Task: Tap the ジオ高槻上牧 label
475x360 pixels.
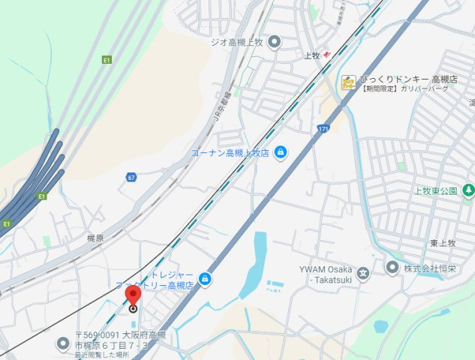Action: [x=237, y=41]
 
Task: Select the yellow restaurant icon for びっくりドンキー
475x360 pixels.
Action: [x=348, y=82]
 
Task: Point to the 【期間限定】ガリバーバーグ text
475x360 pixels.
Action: [x=406, y=89]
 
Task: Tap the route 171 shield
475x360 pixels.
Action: [x=322, y=129]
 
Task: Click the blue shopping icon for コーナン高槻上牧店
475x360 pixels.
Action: [x=281, y=153]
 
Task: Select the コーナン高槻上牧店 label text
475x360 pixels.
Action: [x=230, y=153]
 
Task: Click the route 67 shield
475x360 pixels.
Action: [x=131, y=177]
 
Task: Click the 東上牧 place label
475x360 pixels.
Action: [x=443, y=243]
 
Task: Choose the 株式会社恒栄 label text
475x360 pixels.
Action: [x=433, y=268]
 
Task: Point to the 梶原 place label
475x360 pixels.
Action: [x=95, y=238]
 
